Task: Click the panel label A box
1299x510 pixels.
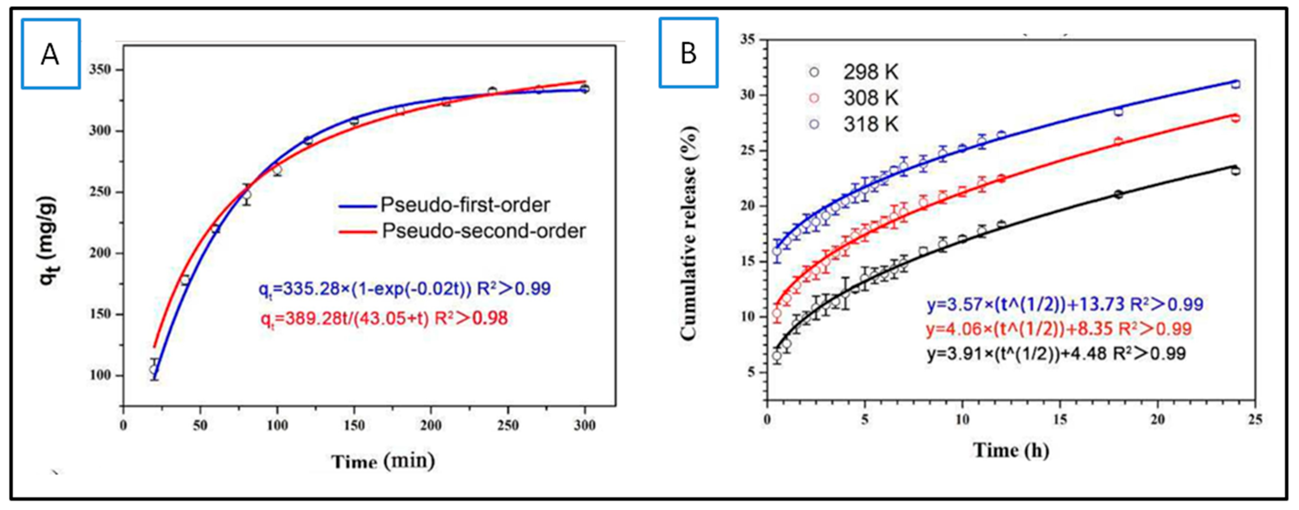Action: (x=51, y=54)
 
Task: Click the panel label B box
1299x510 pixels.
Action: (x=688, y=52)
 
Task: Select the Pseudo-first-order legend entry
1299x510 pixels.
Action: (x=444, y=205)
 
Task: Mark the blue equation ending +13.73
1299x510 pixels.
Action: (x=1064, y=304)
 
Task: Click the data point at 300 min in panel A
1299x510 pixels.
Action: (x=585, y=89)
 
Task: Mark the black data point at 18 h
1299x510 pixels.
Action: (x=1118, y=194)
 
